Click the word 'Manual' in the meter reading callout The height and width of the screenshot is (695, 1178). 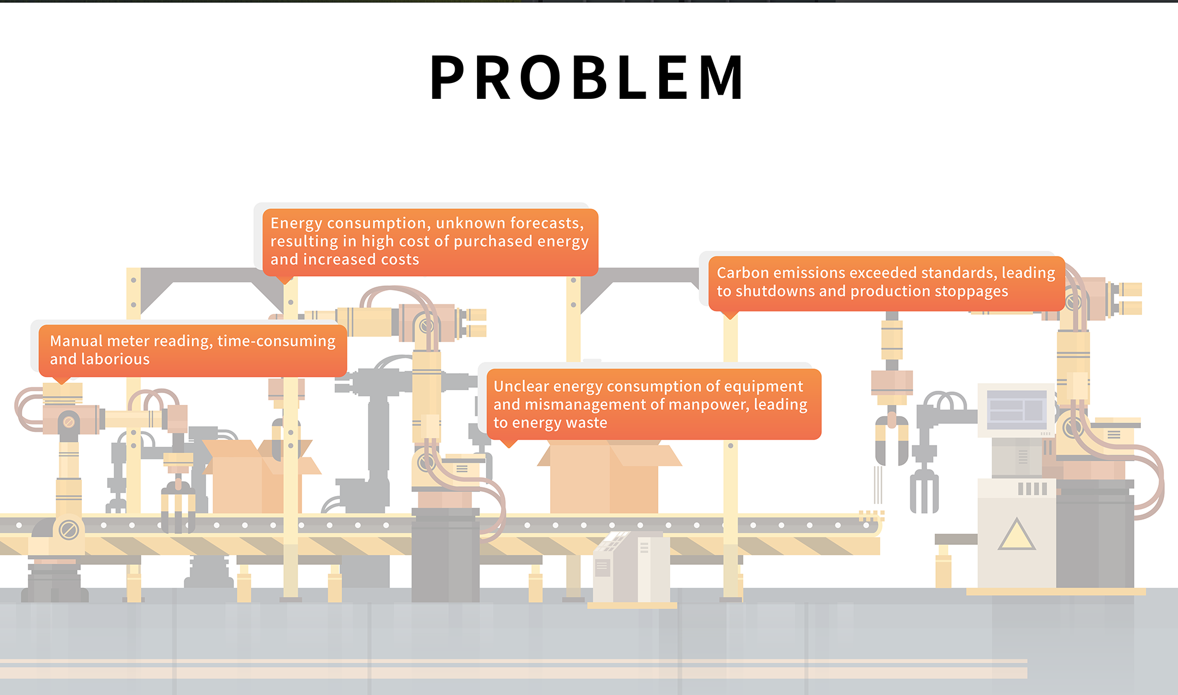[x=72, y=341]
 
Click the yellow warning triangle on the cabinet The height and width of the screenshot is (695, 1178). [x=1016, y=535]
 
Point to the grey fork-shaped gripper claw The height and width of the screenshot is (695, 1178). [x=924, y=491]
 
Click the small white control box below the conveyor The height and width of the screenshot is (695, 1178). [x=630, y=568]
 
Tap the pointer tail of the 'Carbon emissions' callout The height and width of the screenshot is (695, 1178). [x=730, y=316]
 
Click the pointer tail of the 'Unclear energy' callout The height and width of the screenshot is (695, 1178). [x=509, y=444]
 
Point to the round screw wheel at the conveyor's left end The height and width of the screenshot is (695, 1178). [x=68, y=530]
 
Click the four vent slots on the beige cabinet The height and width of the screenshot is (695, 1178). [x=1033, y=488]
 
